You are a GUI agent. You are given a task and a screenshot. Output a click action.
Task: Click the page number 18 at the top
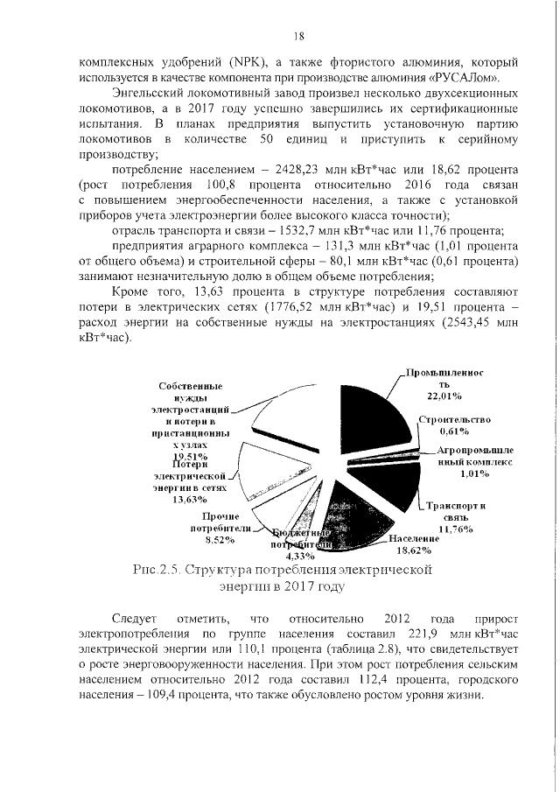(x=297, y=36)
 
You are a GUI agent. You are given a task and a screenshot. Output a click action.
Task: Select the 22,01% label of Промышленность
(x=432, y=397)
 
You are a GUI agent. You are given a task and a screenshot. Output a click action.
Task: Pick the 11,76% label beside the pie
(x=456, y=529)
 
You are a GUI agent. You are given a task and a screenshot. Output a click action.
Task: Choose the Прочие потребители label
(x=220, y=523)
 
